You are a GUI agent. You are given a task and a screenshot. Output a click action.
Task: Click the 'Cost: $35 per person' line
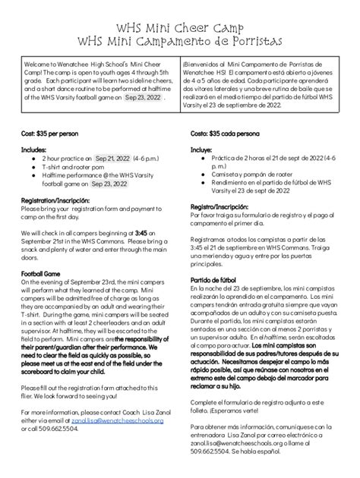pos(52,134)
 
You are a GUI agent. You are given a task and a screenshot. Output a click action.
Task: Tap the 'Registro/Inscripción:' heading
pos(221,207)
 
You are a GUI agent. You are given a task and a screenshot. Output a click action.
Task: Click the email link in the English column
pos(117,420)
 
